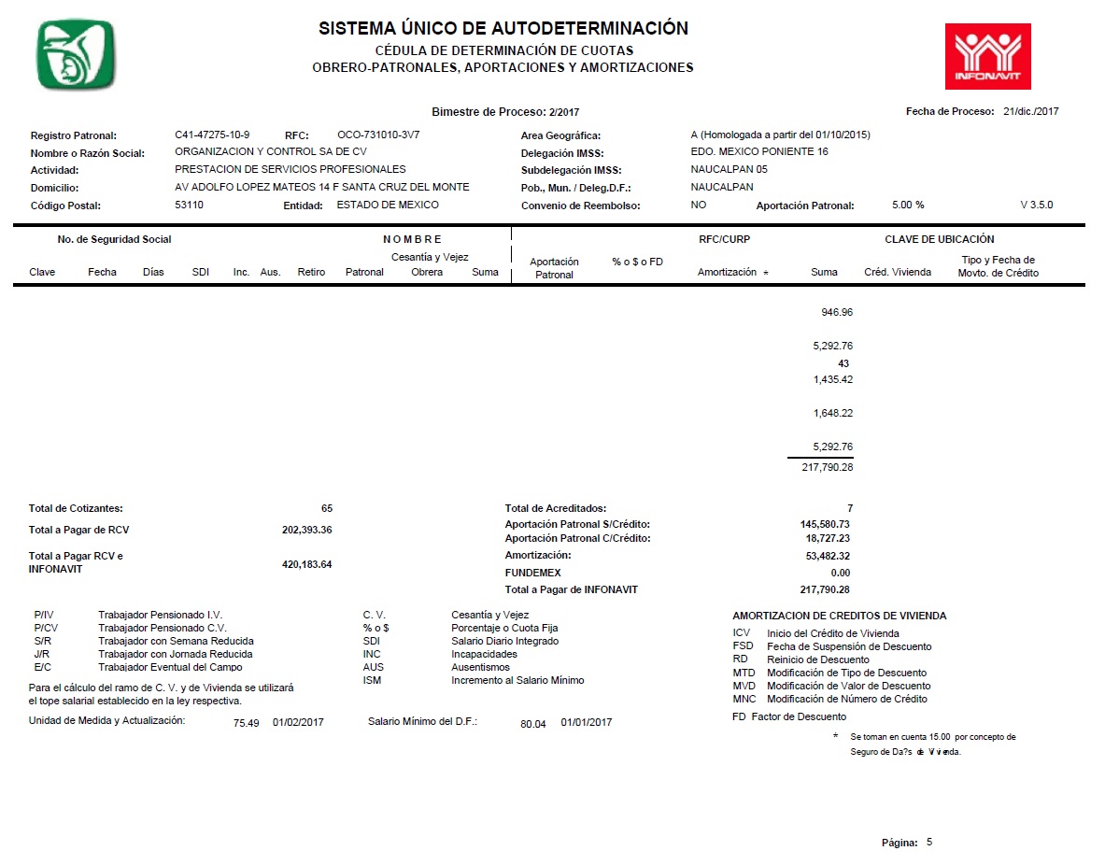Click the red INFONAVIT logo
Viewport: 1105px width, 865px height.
click(987, 56)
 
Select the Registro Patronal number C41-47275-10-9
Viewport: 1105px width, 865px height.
click(212, 135)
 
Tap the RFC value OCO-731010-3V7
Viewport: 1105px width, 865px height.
click(378, 135)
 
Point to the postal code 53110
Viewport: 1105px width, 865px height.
click(189, 205)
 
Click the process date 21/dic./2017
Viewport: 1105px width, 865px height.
click(1030, 111)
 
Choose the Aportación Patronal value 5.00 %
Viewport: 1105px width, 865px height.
click(907, 205)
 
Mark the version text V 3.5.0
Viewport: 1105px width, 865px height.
click(1037, 205)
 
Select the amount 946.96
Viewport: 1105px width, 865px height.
click(836, 312)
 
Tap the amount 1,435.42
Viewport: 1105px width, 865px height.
click(833, 379)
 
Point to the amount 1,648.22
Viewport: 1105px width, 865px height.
click(833, 413)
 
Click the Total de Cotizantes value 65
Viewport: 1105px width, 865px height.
click(326, 508)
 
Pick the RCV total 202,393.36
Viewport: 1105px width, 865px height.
click(306, 530)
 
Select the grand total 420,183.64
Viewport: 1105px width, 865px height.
click(306, 564)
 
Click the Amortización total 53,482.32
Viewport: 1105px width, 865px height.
click(825, 556)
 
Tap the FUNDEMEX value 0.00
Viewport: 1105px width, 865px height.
click(840, 573)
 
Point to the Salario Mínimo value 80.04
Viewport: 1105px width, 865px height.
click(532, 723)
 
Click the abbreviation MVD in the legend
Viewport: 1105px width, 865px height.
click(744, 686)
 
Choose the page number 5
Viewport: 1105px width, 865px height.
click(928, 842)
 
